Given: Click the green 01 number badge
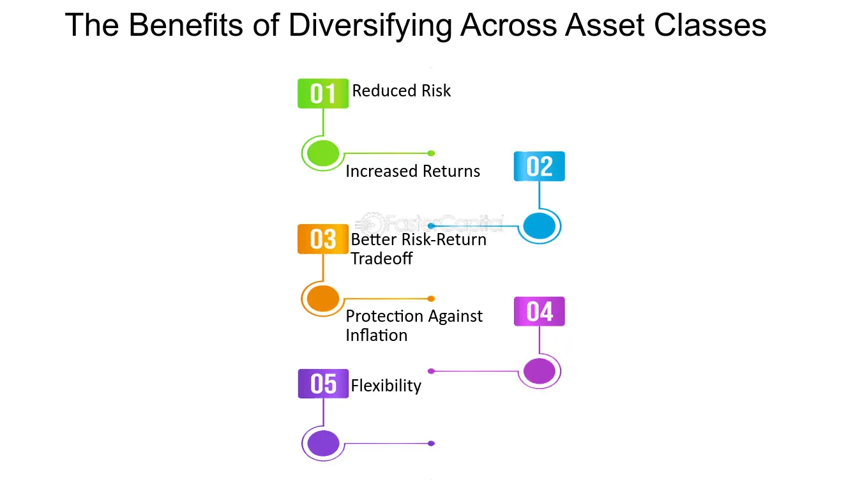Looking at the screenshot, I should (x=323, y=94).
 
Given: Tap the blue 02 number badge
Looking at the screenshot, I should (x=539, y=167).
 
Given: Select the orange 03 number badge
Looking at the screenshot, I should (x=323, y=239).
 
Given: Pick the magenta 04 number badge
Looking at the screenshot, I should (x=539, y=312).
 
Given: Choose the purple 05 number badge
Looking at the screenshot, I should (x=323, y=384).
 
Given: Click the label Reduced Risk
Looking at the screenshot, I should (x=401, y=91).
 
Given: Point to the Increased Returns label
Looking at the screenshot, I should (x=412, y=171).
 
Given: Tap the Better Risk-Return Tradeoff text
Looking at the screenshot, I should (x=418, y=249).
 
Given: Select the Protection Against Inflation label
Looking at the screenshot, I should (x=414, y=326).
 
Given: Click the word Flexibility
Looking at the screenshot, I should (x=386, y=386).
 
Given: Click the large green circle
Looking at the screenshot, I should (x=323, y=153).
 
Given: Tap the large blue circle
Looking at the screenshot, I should (x=539, y=226).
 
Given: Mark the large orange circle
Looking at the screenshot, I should (x=323, y=298).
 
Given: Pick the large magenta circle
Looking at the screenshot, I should (x=539, y=371).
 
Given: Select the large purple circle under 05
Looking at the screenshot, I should (x=323, y=443).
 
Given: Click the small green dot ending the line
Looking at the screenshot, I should (x=432, y=153).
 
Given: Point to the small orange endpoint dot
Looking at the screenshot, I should (x=432, y=298).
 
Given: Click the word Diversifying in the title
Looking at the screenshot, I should (x=371, y=26).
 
